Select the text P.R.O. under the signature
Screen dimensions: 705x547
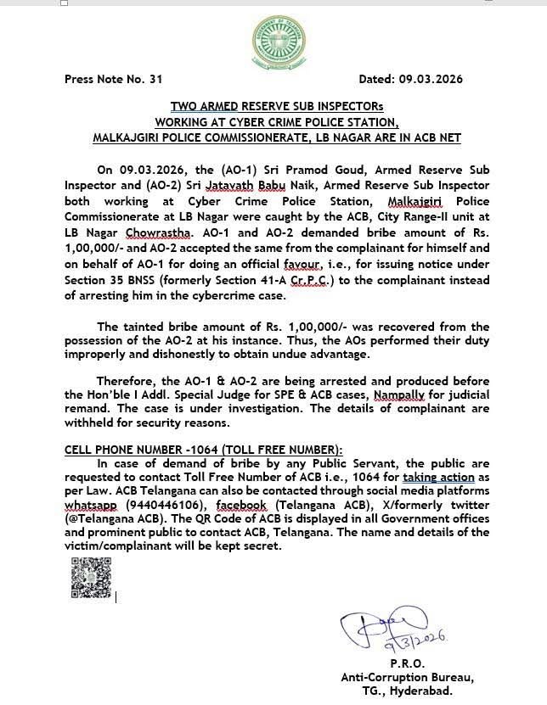[x=408, y=663]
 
